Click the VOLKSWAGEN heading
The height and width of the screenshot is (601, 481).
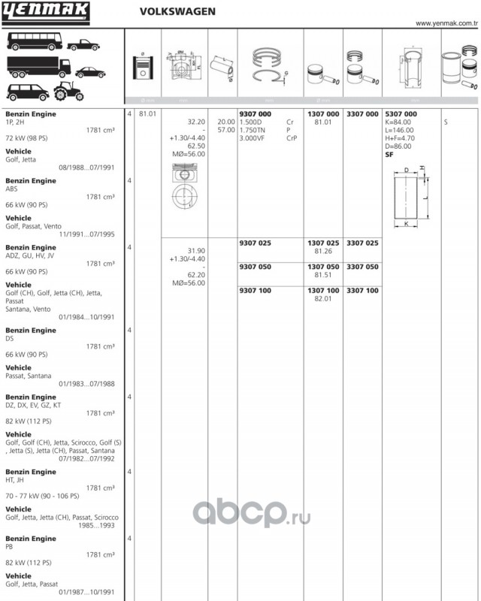click(x=177, y=12)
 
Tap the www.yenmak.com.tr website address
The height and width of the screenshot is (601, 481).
click(x=446, y=23)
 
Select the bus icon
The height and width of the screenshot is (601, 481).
click(x=35, y=41)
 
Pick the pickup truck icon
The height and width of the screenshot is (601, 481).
click(x=83, y=44)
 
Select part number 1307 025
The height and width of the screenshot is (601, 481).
click(x=323, y=243)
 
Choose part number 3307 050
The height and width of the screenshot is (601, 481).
click(x=362, y=267)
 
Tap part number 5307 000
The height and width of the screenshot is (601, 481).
click(x=400, y=113)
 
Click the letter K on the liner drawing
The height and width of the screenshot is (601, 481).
click(x=407, y=224)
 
